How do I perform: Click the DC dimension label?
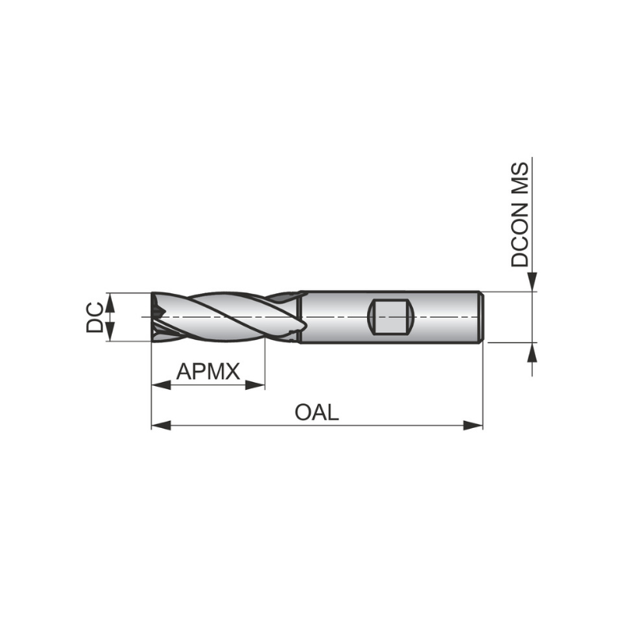(x=94, y=317)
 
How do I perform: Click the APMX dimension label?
(x=208, y=371)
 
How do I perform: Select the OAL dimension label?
(x=316, y=412)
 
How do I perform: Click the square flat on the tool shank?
(x=390, y=317)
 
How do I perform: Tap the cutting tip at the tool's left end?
(x=156, y=317)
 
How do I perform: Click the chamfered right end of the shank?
(x=480, y=317)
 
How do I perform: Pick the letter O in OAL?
(x=303, y=412)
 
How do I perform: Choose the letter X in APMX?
(x=231, y=371)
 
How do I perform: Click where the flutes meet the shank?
(x=300, y=317)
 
